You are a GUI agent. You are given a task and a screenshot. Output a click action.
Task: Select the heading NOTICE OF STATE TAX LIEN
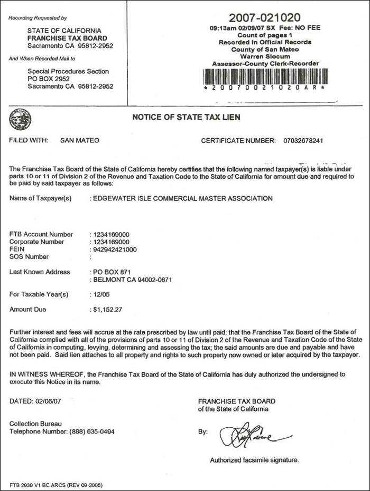click(186, 118)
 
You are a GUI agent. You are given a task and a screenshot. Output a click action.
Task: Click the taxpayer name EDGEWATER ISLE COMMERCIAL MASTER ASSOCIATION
click(183, 199)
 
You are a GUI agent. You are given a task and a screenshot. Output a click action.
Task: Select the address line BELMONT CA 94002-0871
click(132, 280)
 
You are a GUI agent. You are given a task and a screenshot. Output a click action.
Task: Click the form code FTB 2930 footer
click(55, 484)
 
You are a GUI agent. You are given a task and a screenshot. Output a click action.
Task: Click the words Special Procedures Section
click(68, 71)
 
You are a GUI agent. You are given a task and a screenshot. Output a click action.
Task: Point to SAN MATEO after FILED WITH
click(80, 141)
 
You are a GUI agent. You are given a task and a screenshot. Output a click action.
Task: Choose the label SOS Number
click(29, 257)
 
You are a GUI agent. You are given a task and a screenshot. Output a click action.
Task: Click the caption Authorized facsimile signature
click(254, 460)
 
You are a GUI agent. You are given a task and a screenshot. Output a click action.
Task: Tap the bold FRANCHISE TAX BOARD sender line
click(67, 38)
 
